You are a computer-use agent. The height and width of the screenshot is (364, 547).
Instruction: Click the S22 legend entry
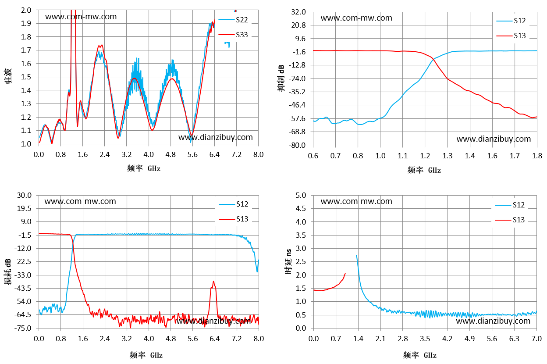coord(233,20)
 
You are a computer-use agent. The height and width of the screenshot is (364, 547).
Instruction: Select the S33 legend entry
coord(233,35)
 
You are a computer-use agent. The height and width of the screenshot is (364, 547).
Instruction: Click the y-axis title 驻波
coord(8,76)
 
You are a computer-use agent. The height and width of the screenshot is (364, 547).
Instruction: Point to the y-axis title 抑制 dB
coord(281,78)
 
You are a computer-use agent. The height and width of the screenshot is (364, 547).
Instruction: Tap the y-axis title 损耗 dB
coord(7,271)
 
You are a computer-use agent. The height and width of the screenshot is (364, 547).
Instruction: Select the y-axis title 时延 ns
coord(288,261)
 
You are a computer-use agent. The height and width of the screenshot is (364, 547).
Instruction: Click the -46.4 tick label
coord(297,105)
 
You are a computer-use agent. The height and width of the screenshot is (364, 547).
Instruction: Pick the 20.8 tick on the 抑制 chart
coord(298,25)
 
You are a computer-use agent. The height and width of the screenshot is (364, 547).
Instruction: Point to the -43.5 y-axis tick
coord(23,288)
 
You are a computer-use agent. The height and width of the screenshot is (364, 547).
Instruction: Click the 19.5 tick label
coord(24,208)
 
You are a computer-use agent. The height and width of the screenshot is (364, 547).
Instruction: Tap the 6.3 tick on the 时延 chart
coord(514,339)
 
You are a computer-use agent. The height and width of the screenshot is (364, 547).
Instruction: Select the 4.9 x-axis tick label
coord(469,339)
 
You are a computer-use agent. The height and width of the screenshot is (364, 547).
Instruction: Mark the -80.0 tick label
coord(297,145)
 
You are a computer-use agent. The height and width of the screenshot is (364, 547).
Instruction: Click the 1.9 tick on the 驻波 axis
coord(26,23)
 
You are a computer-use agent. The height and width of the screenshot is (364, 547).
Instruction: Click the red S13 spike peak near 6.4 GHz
coord(213,281)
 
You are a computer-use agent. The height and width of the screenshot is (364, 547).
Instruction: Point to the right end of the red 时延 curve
coord(345,274)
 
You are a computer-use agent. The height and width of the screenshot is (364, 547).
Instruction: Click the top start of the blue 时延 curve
coord(356,255)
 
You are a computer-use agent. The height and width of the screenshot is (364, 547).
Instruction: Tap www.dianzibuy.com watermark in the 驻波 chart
coord(215,137)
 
